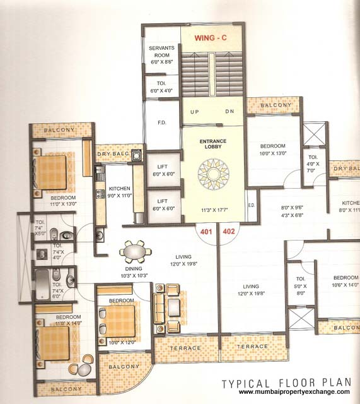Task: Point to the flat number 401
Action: click(205, 232)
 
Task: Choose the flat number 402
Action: click(229, 232)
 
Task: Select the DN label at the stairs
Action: click(229, 112)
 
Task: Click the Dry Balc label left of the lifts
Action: click(112, 153)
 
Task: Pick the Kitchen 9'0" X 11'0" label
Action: click(120, 192)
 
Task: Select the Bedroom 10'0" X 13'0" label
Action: click(272, 148)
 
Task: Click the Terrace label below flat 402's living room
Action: click(252, 347)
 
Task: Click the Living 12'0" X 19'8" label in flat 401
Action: click(183, 260)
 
